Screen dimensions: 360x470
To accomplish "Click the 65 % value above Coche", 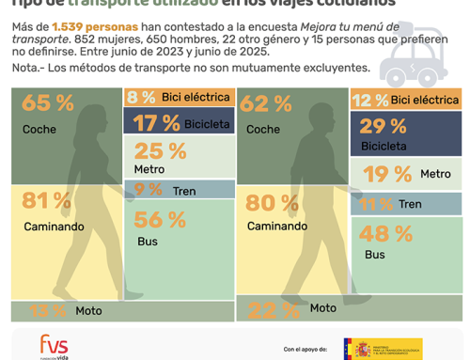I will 41,104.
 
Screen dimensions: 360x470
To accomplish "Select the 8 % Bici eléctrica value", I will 142,97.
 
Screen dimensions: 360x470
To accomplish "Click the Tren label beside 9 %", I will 184,191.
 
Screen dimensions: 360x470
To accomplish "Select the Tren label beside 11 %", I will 410,204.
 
